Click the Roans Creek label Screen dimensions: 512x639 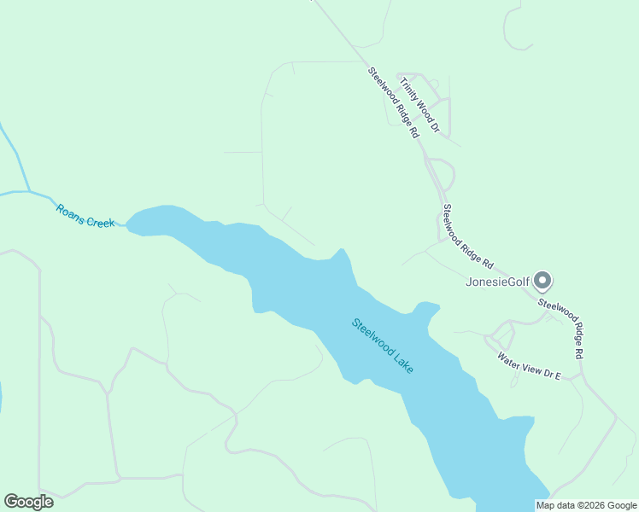[x=85, y=216]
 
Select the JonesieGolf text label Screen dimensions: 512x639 [x=497, y=282]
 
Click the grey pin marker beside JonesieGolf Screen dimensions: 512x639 [x=542, y=280]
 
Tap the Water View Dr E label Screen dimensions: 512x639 [x=529, y=364]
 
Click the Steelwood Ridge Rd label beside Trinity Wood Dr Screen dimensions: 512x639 [x=394, y=102]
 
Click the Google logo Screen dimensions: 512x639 [x=28, y=502]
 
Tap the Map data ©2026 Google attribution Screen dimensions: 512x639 [x=587, y=505]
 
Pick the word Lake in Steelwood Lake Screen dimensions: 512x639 [x=402, y=362]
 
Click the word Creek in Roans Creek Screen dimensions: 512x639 [x=98, y=220]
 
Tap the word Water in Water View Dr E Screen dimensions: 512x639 [x=510, y=358]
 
